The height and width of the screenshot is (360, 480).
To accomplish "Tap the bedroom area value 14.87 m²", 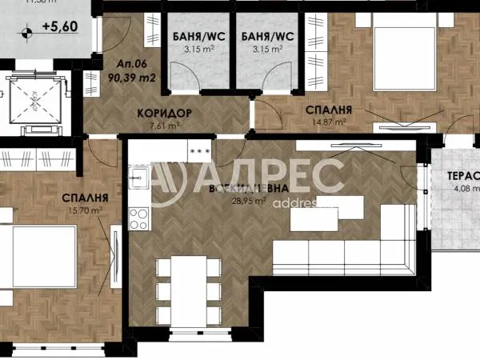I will [x=330, y=122].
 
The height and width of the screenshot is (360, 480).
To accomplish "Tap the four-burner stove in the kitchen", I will [x=139, y=215].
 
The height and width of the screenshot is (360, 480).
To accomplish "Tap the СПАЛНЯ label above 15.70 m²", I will [x=85, y=197].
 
